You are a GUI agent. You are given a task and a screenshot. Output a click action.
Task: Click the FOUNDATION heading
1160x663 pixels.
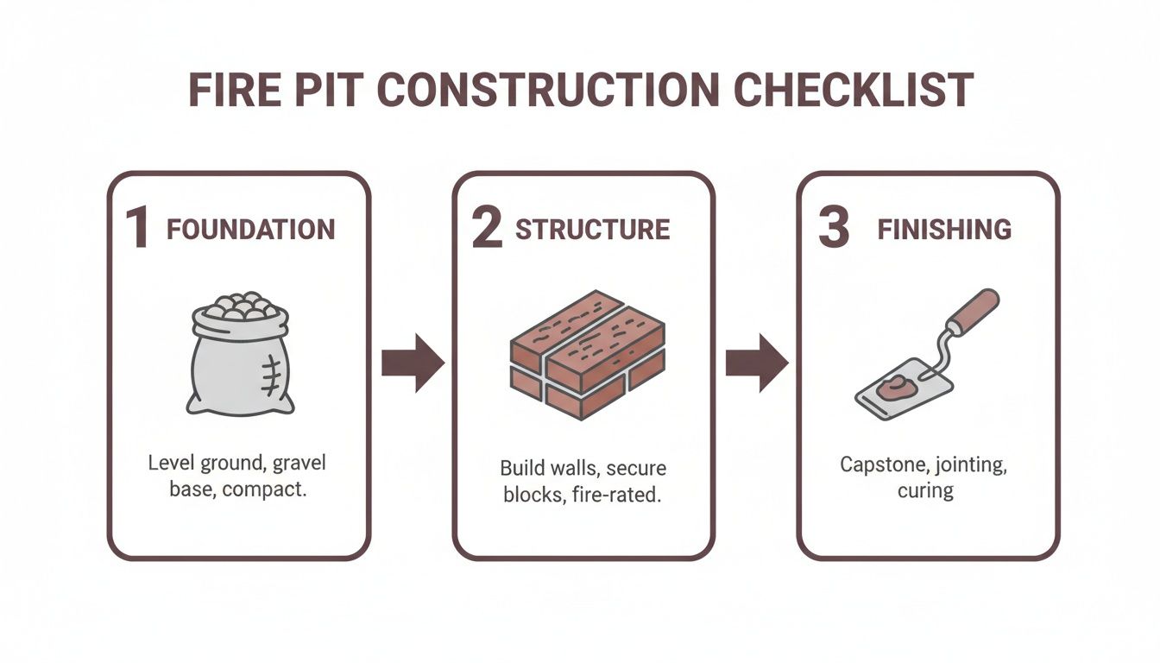pyautogui.click(x=250, y=230)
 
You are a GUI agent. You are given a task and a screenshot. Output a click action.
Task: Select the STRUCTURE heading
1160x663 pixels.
pyautogui.click(x=592, y=230)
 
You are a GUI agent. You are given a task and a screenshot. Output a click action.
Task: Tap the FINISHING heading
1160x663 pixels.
pyautogui.click(x=944, y=230)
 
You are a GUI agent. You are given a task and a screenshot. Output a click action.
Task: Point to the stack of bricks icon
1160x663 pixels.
pyautogui.click(x=587, y=354)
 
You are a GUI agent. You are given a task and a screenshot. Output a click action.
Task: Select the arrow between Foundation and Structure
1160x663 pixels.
pyautogui.click(x=412, y=363)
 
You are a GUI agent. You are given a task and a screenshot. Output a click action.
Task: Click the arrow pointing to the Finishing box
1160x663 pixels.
pyautogui.click(x=755, y=363)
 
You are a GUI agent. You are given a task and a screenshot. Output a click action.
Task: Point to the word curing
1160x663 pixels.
pyautogui.click(x=925, y=490)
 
